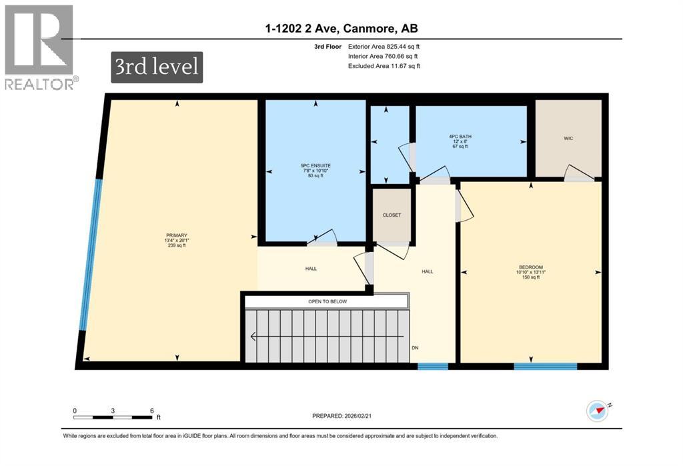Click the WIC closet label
click(x=568, y=138)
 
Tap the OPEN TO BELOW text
click(x=327, y=301)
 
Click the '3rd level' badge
click(x=157, y=68)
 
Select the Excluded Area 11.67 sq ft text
click(x=384, y=66)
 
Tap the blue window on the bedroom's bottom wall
click(x=545, y=365)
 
